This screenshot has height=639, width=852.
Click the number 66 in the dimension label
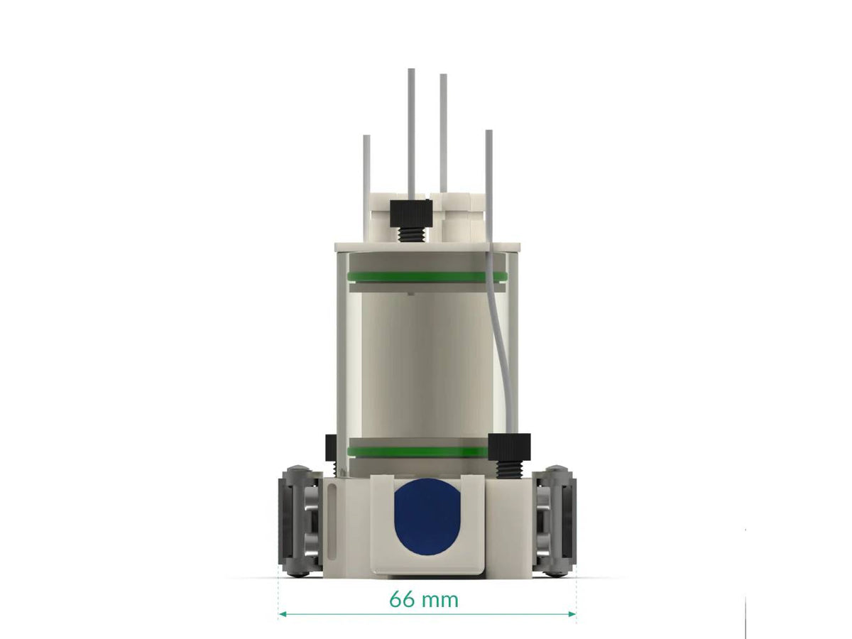pyautogui.click(x=402, y=600)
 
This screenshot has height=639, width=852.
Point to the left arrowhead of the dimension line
pyautogui.click(x=281, y=613)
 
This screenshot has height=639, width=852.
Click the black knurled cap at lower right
pyautogui.click(x=510, y=445)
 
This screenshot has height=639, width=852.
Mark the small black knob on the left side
pyautogui.click(x=330, y=447)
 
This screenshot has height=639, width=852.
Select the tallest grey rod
pyautogui.click(x=411, y=128)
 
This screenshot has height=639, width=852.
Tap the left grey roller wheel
pyautogui.click(x=299, y=521)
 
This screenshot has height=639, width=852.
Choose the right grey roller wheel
pyautogui.click(x=555, y=521)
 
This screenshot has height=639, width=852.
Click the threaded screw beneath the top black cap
pyautogui.click(x=410, y=234)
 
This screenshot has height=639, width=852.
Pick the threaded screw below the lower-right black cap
pyautogui.click(x=509, y=469)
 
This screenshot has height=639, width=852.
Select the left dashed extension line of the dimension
pyautogui.click(x=278, y=596)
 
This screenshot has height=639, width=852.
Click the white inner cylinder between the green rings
pyautogui.click(x=426, y=362)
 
